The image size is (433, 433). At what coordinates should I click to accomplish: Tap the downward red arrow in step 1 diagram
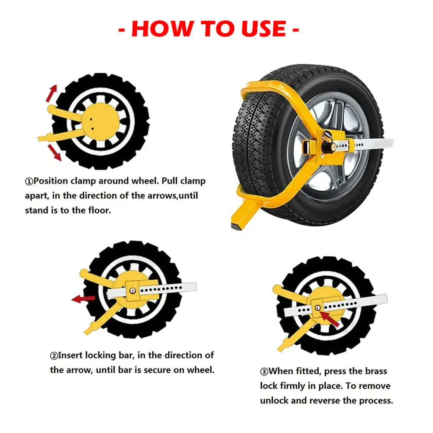pyautogui.click(x=55, y=152)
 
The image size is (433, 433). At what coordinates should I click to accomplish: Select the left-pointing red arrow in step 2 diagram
pyautogui.click(x=83, y=298)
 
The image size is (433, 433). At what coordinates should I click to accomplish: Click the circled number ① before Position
pyautogui.click(x=29, y=181)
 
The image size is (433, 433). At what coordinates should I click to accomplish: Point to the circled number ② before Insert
pyautogui.click(x=54, y=356)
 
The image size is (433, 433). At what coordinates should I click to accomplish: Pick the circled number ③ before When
pyautogui.click(x=264, y=372)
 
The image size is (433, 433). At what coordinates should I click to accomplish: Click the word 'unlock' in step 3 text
pyautogui.click(x=274, y=400)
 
